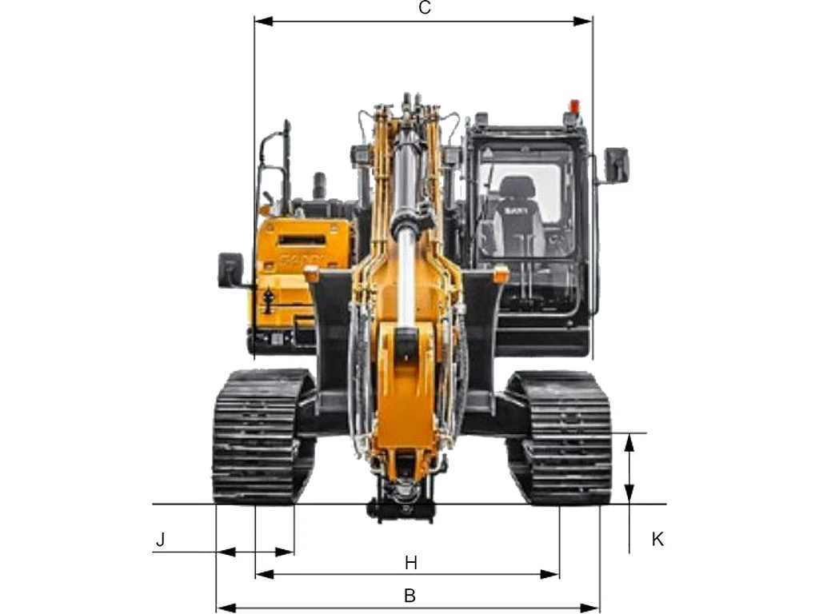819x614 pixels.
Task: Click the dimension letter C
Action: tap(425, 8)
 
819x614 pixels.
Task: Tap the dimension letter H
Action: tap(411, 563)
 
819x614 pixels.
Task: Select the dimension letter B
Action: tap(410, 595)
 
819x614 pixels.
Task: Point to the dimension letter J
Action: tap(160, 540)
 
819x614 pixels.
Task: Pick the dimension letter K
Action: tap(657, 540)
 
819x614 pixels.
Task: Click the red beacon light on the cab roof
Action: tap(574, 106)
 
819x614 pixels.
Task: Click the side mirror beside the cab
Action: tap(617, 165)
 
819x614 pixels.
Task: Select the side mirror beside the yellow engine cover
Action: tap(230, 269)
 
